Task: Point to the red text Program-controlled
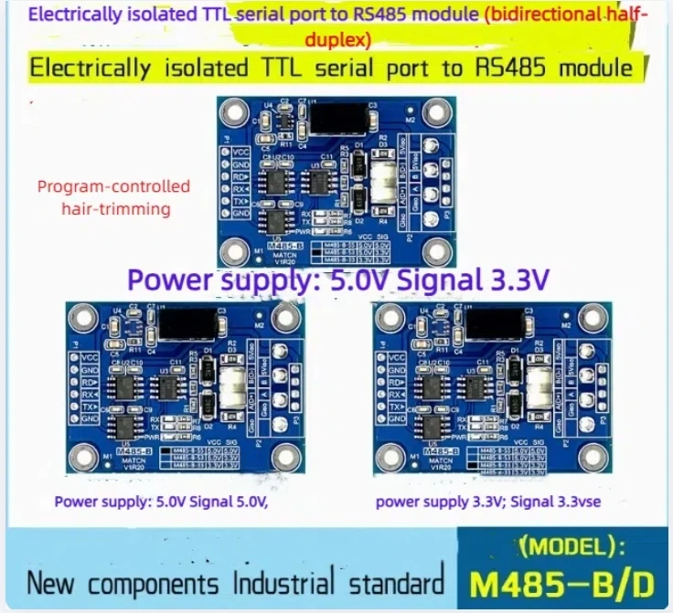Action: [x=113, y=186]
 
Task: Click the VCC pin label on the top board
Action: [x=240, y=152]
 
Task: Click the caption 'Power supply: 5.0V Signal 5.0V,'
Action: [x=163, y=501]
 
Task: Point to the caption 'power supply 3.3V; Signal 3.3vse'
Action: [x=486, y=501]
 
